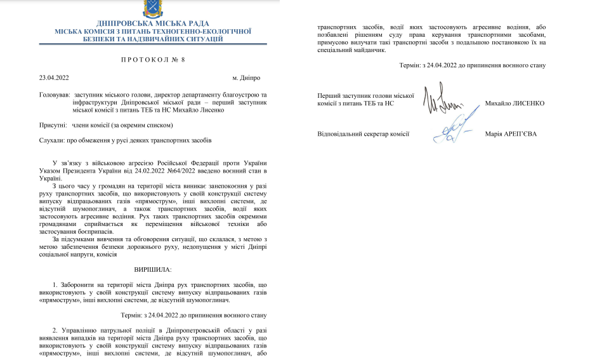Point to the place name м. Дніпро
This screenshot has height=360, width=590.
click(246, 78)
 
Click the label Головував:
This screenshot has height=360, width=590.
click(54, 95)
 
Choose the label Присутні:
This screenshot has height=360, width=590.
click(53, 126)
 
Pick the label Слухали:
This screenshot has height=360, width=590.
click(52, 140)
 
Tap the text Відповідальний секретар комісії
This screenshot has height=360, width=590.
click(363, 133)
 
